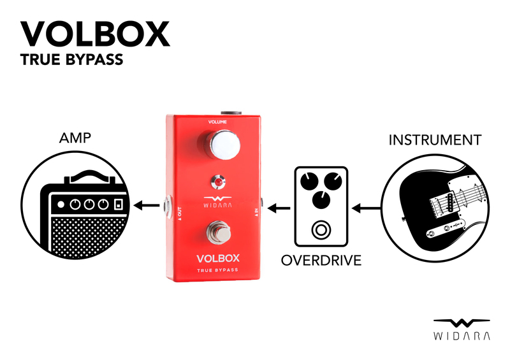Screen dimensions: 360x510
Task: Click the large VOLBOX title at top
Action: (x=96, y=33)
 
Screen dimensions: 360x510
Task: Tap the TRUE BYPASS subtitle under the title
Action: (x=71, y=61)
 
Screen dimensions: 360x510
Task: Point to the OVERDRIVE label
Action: (x=321, y=260)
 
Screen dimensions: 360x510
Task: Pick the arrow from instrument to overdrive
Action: (x=366, y=208)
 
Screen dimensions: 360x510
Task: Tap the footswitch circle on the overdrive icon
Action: (x=321, y=229)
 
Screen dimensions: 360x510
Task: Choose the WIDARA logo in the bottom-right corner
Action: (x=462, y=328)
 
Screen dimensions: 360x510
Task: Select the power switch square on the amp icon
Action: (x=118, y=205)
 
